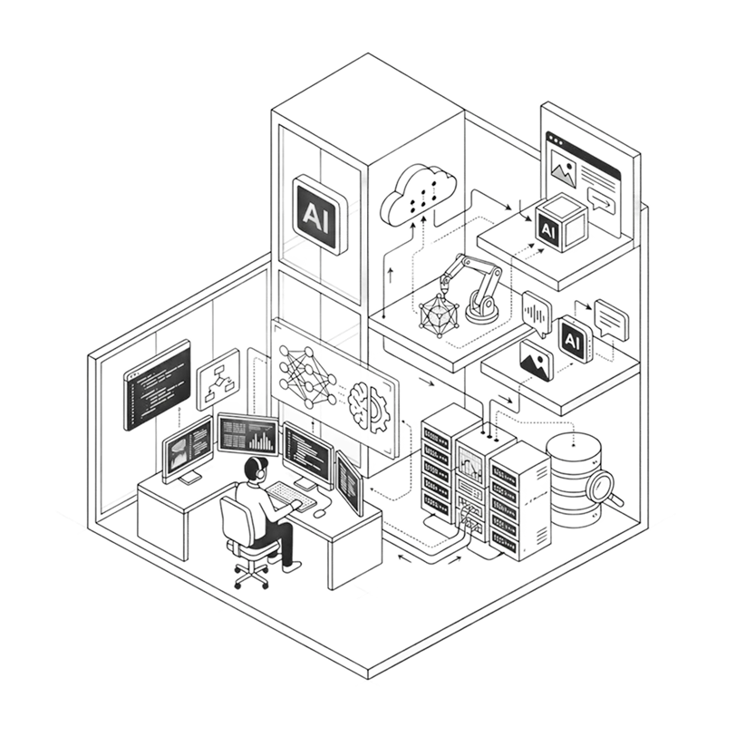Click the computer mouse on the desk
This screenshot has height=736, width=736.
(x=319, y=513)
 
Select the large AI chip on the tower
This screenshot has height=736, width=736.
(x=319, y=215)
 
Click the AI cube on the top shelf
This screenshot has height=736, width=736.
(x=560, y=223)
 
